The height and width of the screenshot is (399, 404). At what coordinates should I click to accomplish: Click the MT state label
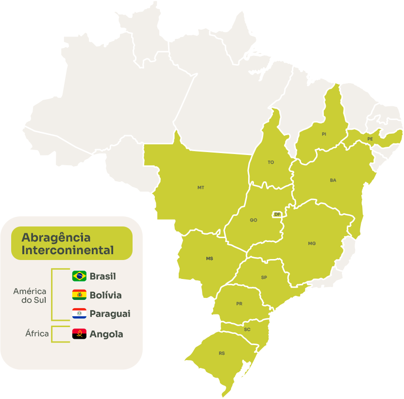[x=201, y=187]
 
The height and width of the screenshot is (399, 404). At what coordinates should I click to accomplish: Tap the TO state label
[x=271, y=162]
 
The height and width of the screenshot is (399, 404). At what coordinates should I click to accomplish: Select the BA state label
[x=333, y=180]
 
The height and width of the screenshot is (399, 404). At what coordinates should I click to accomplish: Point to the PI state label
[x=324, y=134]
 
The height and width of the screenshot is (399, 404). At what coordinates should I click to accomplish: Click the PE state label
[x=370, y=139]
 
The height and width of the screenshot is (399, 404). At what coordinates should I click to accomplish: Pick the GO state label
[x=253, y=220]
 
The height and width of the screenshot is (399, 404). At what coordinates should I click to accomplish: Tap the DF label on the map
[x=277, y=214]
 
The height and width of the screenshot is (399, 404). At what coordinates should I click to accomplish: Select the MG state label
[x=312, y=243]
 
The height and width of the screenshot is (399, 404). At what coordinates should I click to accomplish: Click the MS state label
[x=209, y=259]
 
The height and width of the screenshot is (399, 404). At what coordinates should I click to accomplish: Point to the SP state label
[x=264, y=278]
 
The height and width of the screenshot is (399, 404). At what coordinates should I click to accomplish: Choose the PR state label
[x=239, y=304]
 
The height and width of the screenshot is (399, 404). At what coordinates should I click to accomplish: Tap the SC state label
[x=247, y=330]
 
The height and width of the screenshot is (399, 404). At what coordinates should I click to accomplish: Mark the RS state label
[x=222, y=353]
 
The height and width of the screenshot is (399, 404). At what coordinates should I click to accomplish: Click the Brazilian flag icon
[x=79, y=276]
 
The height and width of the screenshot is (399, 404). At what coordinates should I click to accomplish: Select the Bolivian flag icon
[x=79, y=295]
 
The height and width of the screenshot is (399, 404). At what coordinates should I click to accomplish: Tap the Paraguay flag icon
[x=79, y=314]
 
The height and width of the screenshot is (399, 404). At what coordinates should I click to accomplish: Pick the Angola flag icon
[x=79, y=334]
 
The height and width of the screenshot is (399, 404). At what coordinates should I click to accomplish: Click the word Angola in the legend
[x=106, y=334]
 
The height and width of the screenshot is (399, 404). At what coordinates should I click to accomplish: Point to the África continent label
[x=37, y=334]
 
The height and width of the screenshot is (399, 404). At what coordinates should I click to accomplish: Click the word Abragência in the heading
[x=56, y=238]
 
